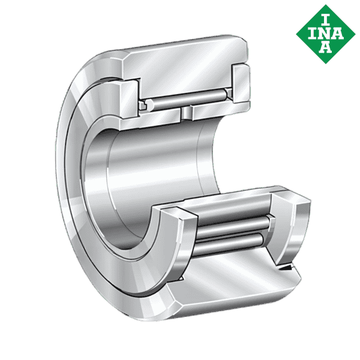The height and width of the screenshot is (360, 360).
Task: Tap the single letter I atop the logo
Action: (325, 14)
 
